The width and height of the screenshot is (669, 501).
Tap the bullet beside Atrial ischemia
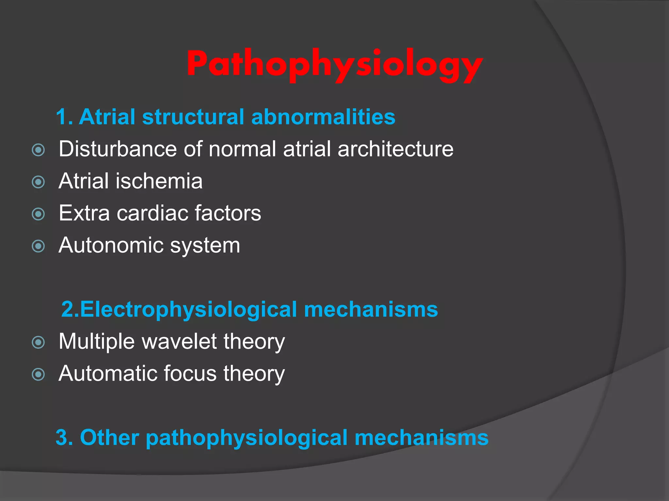click(x=39, y=182)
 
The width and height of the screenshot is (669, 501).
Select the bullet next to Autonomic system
click(x=39, y=246)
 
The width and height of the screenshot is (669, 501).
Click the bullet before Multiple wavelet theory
click(x=39, y=342)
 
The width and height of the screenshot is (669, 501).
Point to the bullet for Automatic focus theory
click(x=39, y=374)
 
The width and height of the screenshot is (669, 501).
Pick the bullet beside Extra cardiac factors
click(x=39, y=214)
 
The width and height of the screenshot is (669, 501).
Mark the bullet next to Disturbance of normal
click(x=39, y=150)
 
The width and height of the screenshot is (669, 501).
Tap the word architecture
click(x=395, y=149)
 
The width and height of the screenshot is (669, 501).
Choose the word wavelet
click(x=179, y=342)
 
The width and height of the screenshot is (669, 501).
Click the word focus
click(x=190, y=373)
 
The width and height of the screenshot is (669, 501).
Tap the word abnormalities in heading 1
click(x=323, y=117)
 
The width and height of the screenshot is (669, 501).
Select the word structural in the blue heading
click(x=193, y=117)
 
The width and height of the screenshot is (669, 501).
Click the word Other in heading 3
click(x=109, y=437)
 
